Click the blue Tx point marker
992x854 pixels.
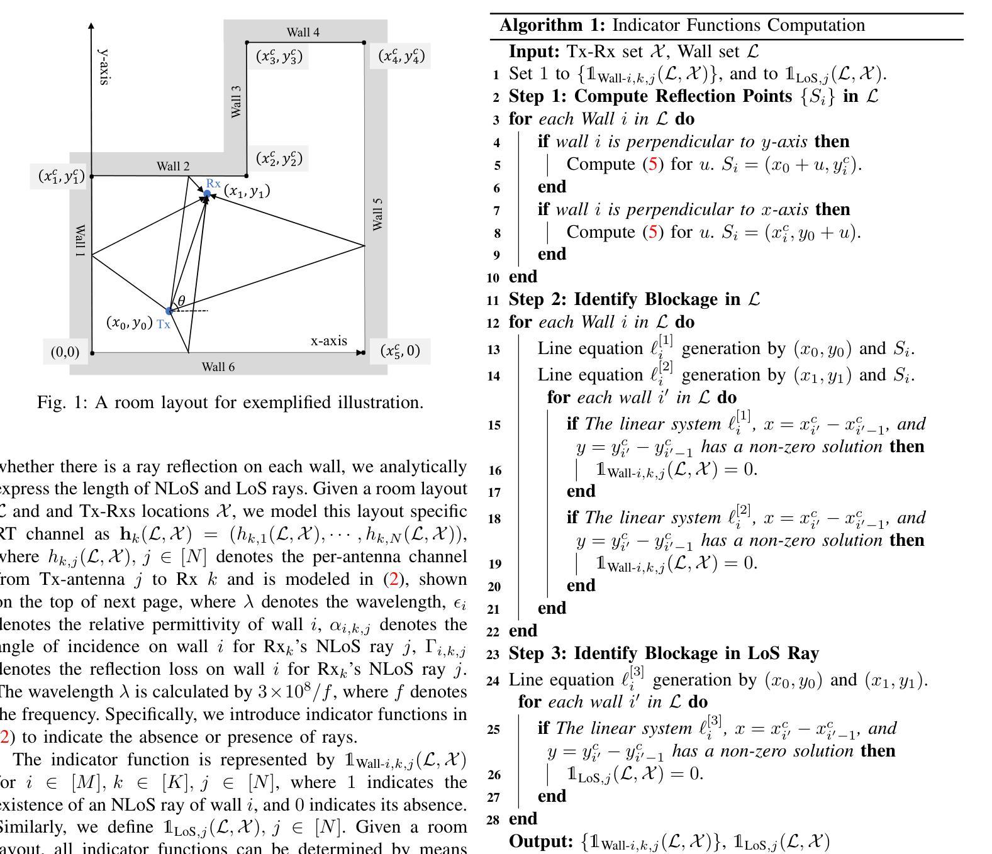(x=169, y=311)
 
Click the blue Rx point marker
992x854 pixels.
(x=207, y=194)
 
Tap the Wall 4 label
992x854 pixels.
(x=303, y=32)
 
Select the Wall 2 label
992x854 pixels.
(x=173, y=167)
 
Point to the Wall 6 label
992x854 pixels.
(x=218, y=367)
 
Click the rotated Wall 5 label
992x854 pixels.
(x=377, y=214)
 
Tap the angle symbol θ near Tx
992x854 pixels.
(x=182, y=301)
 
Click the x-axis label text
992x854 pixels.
(x=328, y=341)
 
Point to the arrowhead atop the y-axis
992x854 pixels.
(x=92, y=26)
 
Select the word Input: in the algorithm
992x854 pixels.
(x=534, y=51)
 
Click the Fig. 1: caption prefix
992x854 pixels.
(x=64, y=402)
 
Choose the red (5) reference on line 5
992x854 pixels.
(x=652, y=164)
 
